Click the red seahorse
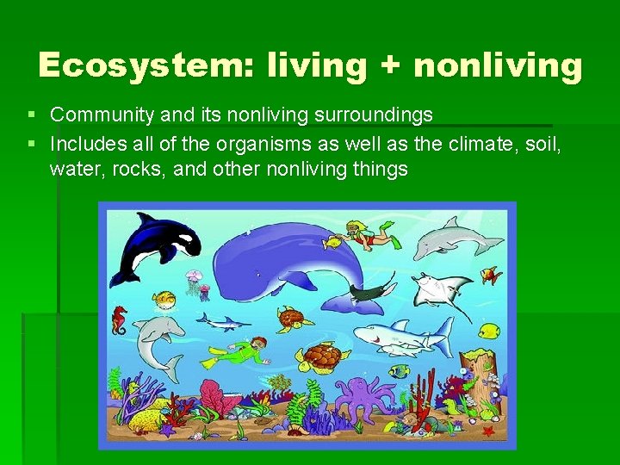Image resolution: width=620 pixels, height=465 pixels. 119,320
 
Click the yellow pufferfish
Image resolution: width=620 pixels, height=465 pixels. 164,300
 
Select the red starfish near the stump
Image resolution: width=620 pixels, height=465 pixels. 489,429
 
